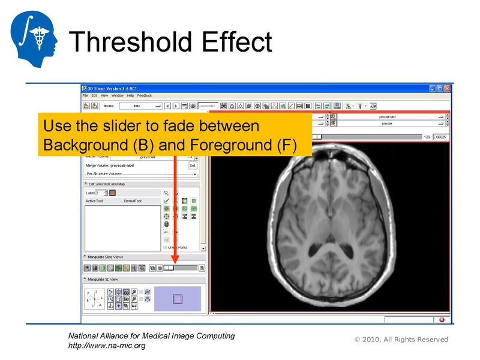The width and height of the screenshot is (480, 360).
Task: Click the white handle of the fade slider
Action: click(169, 268)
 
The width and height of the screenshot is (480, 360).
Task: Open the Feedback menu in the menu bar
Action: click(145, 95)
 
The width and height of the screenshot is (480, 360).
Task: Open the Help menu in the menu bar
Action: click(130, 95)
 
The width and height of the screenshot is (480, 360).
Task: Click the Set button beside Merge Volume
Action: click(193, 165)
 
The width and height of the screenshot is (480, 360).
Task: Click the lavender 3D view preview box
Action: click(177, 298)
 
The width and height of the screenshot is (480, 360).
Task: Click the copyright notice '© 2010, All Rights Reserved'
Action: click(401, 340)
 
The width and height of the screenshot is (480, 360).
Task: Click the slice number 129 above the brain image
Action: click(427, 137)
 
